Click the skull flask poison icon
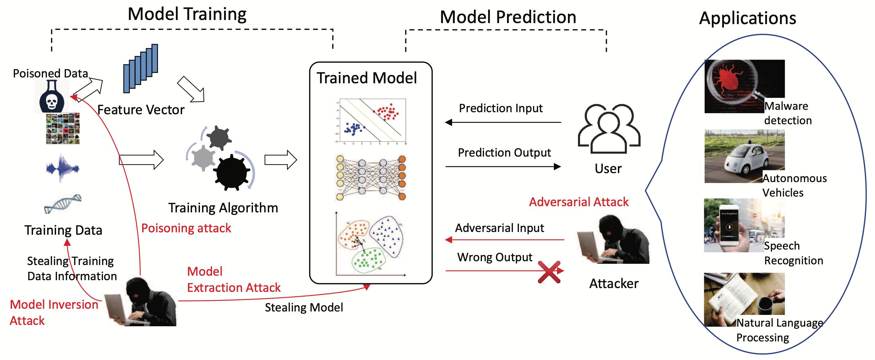pos(52,98)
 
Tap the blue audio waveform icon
pos(62,168)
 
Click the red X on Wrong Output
pos(549,272)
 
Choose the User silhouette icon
pos(609,129)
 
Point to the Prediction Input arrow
pos(503,122)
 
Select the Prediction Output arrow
pos(503,167)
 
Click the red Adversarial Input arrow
pos(504,240)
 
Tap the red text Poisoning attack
pos(186,228)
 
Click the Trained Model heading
pos(367,78)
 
